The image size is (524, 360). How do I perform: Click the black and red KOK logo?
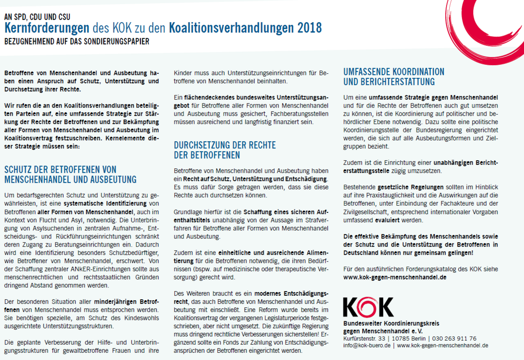click(368, 307)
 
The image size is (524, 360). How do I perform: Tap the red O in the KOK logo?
click(368, 307)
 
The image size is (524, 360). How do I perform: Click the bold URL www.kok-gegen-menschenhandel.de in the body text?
click(395, 277)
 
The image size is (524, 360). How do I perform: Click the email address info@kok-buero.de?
click(366, 346)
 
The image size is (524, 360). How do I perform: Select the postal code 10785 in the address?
click(399, 338)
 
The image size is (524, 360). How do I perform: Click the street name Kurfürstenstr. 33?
click(364, 338)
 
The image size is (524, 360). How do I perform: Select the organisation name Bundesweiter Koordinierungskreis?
click(391, 324)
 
